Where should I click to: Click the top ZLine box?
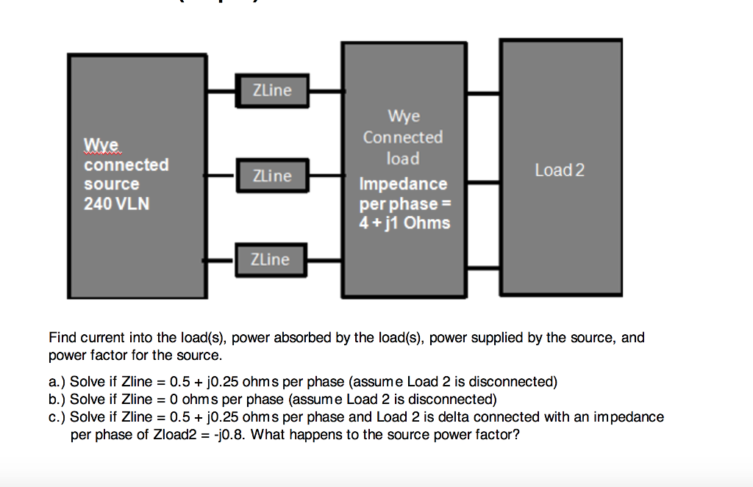point(271,90)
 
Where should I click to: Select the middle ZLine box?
point(271,176)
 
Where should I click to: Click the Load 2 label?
point(560,170)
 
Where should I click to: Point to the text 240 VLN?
point(117,203)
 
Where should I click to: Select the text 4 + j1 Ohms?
point(404,223)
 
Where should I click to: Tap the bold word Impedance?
point(403,184)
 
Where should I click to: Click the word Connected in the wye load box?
point(403,137)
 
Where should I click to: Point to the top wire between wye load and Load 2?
point(483,94)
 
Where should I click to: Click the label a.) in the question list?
point(57,382)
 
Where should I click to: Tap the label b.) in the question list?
point(57,400)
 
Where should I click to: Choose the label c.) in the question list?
point(57,417)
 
